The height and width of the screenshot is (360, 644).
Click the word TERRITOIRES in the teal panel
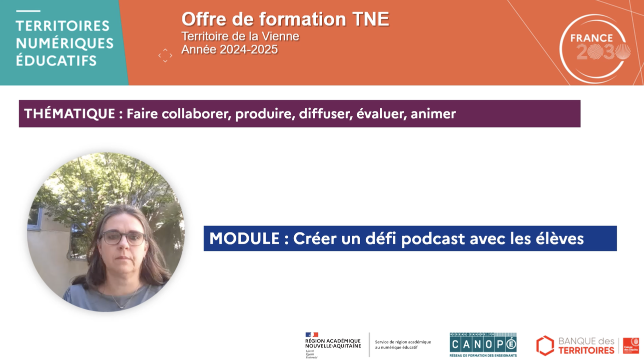(62, 25)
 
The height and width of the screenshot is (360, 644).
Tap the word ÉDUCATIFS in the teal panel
(56, 61)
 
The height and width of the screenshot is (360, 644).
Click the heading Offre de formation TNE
(285, 19)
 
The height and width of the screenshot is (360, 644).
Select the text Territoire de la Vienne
(240, 36)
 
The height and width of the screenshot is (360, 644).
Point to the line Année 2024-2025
(229, 49)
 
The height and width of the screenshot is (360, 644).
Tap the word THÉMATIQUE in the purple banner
(69, 114)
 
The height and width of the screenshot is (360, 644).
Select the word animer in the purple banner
(433, 114)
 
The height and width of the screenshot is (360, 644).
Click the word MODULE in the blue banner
(244, 238)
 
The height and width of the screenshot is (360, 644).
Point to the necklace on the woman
(119, 303)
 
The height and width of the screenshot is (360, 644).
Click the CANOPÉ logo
(483, 344)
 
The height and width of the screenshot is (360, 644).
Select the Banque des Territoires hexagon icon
(545, 345)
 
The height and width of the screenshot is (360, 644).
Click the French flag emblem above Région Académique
(312, 334)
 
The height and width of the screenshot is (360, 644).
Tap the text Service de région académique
(403, 342)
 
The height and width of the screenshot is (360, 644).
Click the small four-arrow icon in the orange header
(165, 55)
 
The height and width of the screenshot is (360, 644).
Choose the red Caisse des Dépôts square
(631, 345)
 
